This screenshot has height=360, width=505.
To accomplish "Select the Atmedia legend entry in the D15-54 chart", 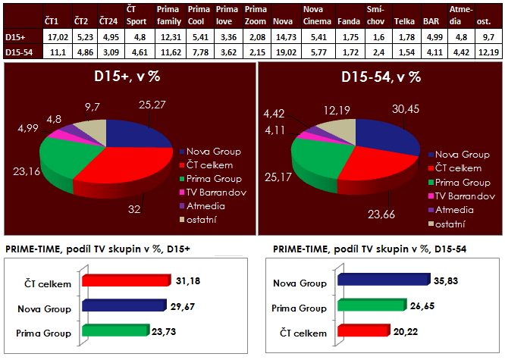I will [453, 210].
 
